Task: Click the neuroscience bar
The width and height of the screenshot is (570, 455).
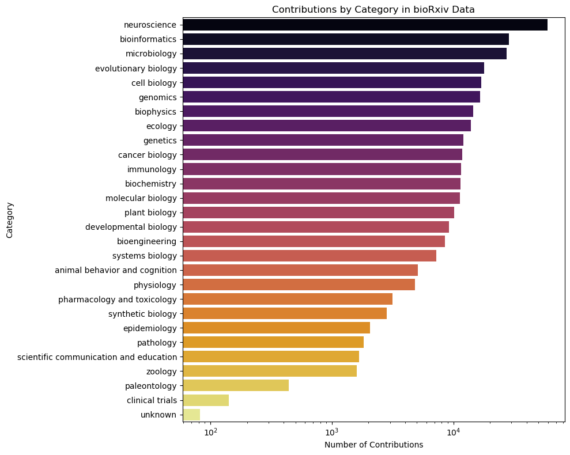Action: click(x=365, y=25)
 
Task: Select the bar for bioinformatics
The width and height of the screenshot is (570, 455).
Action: click(x=346, y=39)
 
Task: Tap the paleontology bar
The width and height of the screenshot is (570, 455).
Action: click(x=236, y=385)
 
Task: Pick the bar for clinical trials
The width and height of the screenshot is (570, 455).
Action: click(x=206, y=400)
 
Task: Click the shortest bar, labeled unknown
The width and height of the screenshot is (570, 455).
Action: click(x=191, y=414)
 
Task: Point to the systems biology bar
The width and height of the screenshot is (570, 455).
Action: click(x=309, y=256)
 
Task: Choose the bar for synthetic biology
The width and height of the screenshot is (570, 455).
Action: click(x=285, y=313)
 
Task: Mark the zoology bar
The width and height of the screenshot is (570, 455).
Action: click(x=270, y=371)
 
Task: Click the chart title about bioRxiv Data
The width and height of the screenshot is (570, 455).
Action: click(x=373, y=9)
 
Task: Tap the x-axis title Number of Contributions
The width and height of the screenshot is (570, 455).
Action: click(x=373, y=445)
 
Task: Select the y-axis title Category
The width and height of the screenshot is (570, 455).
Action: click(x=9, y=219)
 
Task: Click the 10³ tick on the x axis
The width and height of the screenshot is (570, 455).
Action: click(x=332, y=432)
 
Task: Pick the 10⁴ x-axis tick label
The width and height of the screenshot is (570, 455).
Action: click(x=454, y=432)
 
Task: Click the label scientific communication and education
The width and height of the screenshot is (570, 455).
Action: click(x=97, y=357)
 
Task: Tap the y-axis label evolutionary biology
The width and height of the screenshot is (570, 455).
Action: click(x=136, y=68)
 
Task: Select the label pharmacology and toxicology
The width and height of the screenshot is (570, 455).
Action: click(x=117, y=299)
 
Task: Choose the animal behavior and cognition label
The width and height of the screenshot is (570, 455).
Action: click(x=115, y=270)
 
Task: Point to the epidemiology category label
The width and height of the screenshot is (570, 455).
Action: click(x=150, y=328)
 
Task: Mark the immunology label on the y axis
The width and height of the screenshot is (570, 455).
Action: click(x=152, y=169)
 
